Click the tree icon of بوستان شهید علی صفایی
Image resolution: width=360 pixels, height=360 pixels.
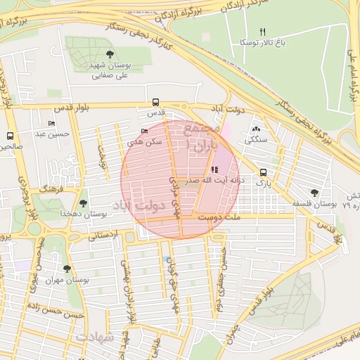108,54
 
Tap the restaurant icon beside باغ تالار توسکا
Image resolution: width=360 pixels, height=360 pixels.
263,31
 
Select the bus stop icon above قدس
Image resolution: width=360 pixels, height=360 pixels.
155,101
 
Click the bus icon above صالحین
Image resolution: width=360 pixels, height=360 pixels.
10,136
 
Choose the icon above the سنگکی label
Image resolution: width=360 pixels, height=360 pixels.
255,129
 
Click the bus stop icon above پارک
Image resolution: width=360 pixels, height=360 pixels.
263,172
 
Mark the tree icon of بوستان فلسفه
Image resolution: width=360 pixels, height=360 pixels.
314,192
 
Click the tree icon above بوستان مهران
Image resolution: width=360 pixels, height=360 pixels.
67,269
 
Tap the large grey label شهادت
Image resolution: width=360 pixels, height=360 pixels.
96,337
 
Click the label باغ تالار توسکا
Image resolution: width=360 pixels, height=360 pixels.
263,42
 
